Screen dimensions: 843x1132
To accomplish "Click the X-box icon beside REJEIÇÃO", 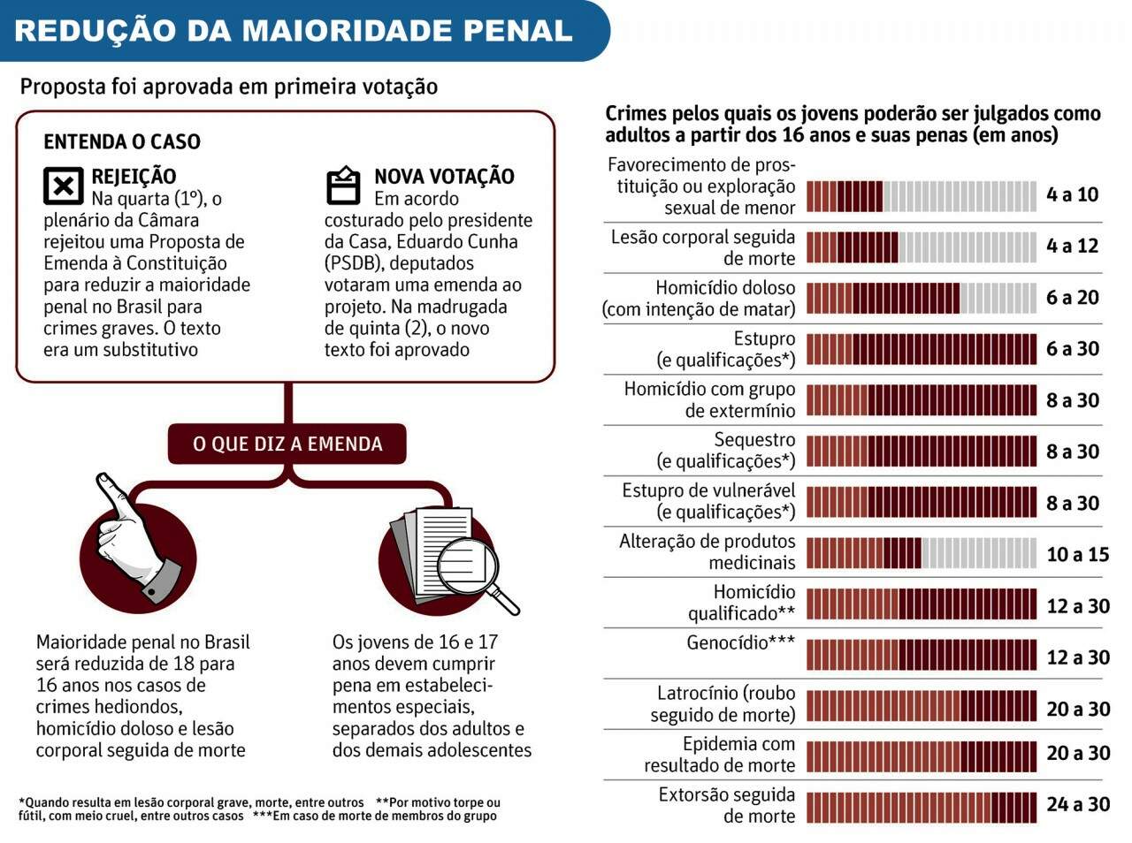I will [x=63, y=186].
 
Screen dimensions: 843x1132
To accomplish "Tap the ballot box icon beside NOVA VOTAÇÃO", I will [x=343, y=186].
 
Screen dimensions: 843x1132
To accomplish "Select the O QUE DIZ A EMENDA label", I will [x=287, y=444].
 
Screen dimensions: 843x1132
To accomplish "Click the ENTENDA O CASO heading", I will [x=122, y=141].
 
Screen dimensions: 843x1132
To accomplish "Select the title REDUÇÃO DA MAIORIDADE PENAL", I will [x=293, y=31].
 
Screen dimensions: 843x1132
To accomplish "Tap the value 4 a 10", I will [x=1072, y=194].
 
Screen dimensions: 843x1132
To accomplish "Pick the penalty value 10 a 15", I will [x=1077, y=554].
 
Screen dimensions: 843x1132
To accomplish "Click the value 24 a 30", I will [x=1077, y=804].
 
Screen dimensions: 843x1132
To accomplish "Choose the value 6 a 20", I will [x=1072, y=298].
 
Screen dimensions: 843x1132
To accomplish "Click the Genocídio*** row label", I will [x=740, y=643].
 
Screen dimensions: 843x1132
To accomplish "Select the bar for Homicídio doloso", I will [x=921, y=299].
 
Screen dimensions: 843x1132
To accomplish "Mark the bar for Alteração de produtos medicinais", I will [x=921, y=554].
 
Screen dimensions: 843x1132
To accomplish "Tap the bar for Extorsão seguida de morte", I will [x=921, y=807].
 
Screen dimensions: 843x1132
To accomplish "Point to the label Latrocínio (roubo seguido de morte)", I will [x=724, y=704].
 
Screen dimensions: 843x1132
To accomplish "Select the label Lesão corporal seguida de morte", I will [x=702, y=247].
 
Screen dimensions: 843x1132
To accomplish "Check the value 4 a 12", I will [x=1072, y=246].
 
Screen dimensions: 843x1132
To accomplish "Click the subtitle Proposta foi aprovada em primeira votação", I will [x=228, y=87].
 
